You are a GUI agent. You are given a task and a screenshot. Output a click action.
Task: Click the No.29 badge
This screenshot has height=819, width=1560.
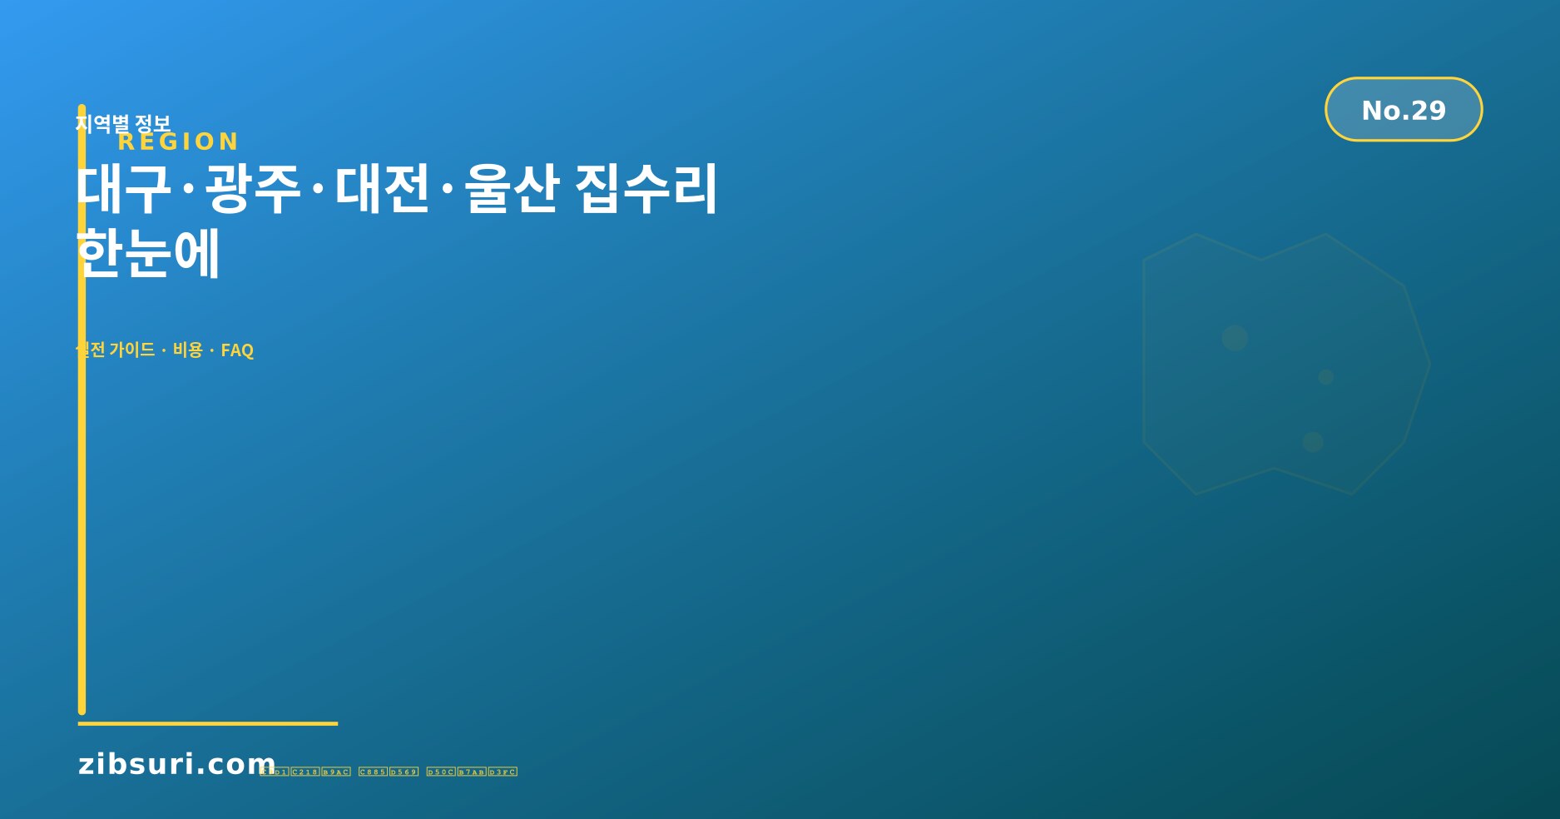[1403, 110]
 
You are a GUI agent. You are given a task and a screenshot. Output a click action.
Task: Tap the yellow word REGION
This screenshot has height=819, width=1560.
[178, 141]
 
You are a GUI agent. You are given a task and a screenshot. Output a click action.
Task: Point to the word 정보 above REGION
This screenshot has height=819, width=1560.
[152, 124]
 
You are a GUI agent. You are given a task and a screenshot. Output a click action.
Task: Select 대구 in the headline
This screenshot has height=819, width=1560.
[124, 189]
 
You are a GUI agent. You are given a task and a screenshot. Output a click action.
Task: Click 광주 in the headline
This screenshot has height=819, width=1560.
[253, 189]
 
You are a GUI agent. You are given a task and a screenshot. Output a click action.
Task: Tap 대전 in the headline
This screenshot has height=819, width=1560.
[383, 189]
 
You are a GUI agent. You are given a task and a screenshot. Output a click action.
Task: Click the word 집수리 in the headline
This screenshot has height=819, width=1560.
[646, 189]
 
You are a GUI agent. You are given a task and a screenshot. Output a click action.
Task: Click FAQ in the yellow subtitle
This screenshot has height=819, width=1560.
[237, 350]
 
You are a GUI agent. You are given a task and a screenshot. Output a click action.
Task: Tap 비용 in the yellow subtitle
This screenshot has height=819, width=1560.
[188, 350]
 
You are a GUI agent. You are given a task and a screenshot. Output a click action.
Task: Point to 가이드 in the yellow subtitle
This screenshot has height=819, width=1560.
[132, 350]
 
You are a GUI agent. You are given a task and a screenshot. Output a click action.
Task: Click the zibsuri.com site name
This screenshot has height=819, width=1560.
[176, 764]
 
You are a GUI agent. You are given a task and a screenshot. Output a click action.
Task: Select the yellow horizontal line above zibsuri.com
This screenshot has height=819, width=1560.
[208, 723]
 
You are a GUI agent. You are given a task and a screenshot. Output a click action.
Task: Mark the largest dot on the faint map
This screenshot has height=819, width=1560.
[1235, 338]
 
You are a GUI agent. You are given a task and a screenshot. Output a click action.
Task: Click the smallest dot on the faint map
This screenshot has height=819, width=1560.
[1326, 377]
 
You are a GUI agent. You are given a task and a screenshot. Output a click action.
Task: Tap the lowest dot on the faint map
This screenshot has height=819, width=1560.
[1313, 442]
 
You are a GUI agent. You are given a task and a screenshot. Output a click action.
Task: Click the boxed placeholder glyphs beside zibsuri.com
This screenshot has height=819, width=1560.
[389, 772]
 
